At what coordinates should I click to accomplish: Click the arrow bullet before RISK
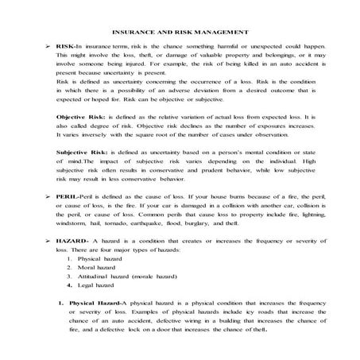49,48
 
